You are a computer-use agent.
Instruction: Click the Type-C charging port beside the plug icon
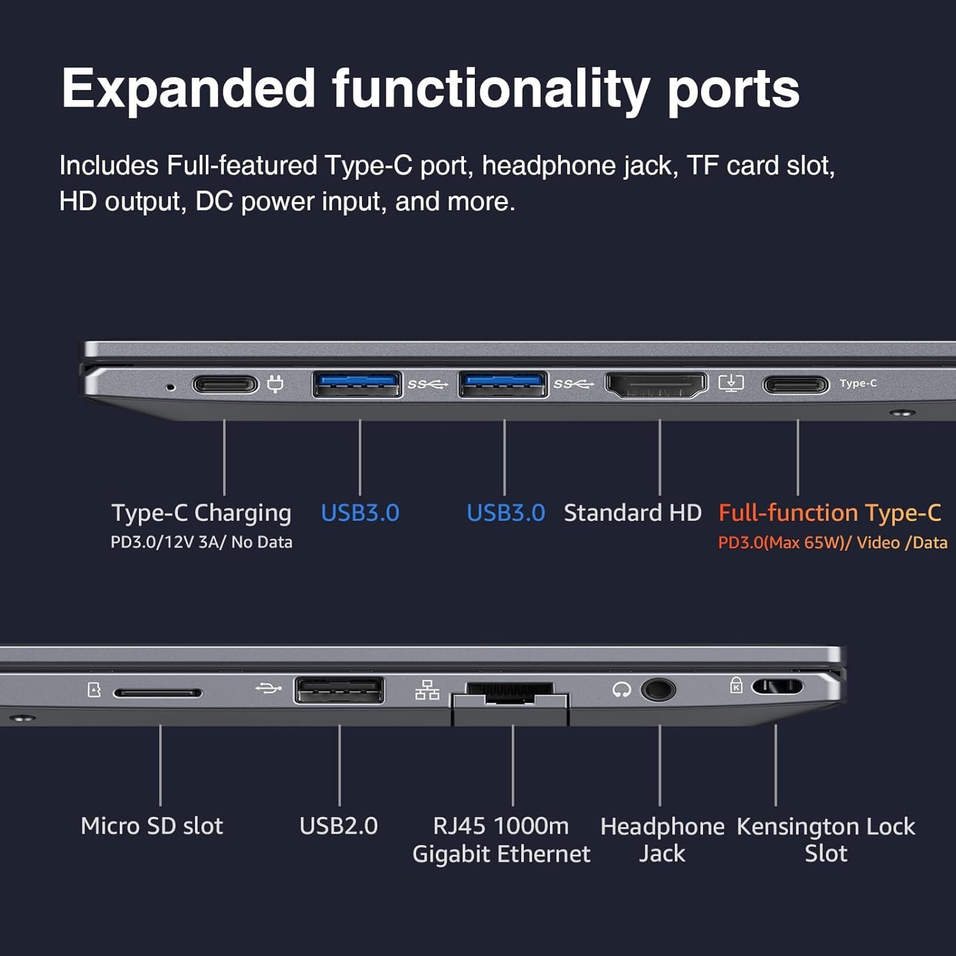(x=225, y=384)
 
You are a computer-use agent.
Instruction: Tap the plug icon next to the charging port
(x=275, y=384)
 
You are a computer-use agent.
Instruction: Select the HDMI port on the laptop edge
(x=656, y=384)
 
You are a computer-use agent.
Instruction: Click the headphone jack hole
(x=657, y=690)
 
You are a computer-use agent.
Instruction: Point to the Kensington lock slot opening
(x=777, y=687)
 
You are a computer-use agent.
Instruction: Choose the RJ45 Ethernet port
(x=510, y=693)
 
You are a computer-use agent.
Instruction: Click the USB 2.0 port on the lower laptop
(x=339, y=690)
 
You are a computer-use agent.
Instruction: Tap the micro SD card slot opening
(x=157, y=693)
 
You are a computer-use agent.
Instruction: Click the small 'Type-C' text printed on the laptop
(x=858, y=383)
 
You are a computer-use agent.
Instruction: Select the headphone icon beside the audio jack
(x=621, y=690)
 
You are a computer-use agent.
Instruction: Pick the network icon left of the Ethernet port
(x=427, y=690)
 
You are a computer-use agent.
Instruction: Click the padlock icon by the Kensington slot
(x=736, y=685)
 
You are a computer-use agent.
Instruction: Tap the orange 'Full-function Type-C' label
(x=830, y=513)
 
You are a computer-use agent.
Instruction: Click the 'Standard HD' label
(x=632, y=513)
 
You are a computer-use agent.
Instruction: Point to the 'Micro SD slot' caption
(x=152, y=826)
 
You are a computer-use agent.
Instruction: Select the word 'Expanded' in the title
(x=189, y=89)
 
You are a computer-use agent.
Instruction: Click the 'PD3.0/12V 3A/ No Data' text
(x=201, y=542)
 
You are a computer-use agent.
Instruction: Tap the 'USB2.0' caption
(x=338, y=826)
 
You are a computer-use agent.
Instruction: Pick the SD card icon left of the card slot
(x=94, y=690)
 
